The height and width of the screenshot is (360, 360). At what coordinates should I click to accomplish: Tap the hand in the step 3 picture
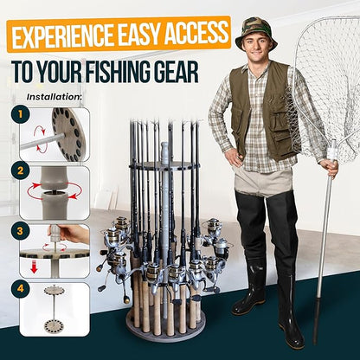76,235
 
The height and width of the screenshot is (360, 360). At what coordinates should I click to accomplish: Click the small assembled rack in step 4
54,310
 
